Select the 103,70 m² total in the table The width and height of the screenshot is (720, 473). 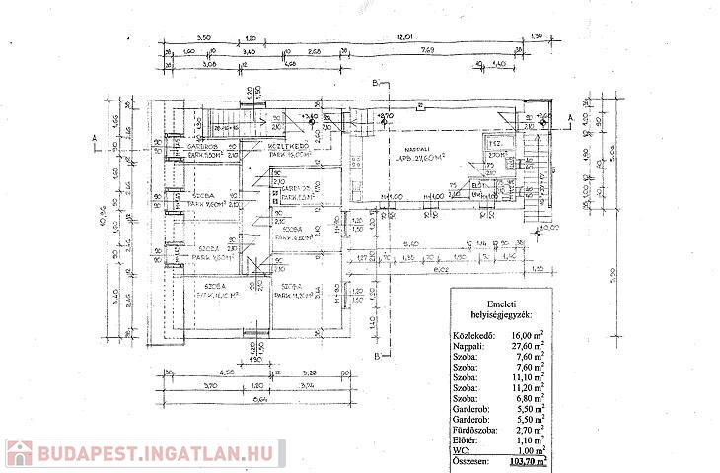(x=527, y=460)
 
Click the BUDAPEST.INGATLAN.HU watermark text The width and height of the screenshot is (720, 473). (x=158, y=454)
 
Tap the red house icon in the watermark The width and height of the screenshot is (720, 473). (x=19, y=454)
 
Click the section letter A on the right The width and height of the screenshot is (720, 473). (x=570, y=115)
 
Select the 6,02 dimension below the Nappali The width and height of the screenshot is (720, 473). (x=441, y=266)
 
